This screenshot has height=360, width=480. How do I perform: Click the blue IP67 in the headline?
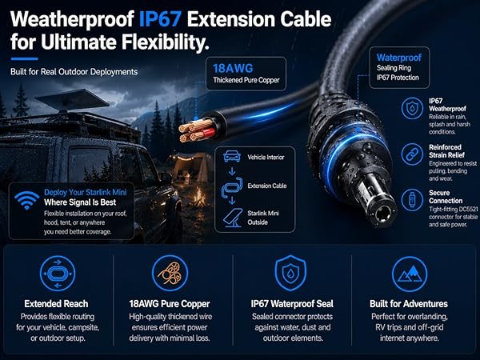tap(159, 19)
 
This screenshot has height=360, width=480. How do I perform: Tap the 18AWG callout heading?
tap(233, 68)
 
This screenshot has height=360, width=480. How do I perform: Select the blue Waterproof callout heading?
tap(399, 58)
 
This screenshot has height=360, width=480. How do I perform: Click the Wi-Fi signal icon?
tap(27, 200)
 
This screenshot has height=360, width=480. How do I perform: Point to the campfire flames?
tap(199, 197)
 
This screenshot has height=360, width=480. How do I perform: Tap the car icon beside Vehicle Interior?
tap(232, 156)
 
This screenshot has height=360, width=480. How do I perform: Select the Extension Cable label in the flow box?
tap(267, 186)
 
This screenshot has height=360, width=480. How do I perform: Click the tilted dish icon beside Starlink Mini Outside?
tap(234, 218)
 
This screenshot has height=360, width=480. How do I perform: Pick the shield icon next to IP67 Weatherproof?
tap(412, 108)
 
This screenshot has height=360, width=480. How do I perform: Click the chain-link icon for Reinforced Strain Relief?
tap(412, 154)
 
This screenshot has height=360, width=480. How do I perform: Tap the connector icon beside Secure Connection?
tap(412, 200)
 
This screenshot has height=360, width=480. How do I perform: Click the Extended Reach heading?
tap(56, 304)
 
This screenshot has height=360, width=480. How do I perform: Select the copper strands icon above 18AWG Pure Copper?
tap(170, 274)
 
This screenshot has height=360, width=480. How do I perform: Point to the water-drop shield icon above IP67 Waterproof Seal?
tap(290, 273)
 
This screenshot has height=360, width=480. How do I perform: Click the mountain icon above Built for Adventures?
tap(410, 274)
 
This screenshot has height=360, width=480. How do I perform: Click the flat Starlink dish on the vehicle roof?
tap(72, 99)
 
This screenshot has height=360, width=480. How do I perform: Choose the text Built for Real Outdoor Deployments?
tap(74, 72)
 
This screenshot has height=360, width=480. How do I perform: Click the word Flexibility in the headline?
tap(166, 42)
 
